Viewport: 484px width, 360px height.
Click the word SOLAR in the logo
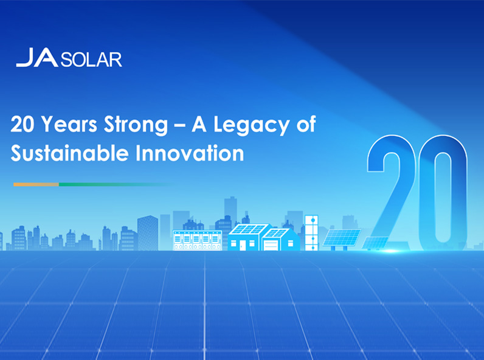click(x=91, y=60)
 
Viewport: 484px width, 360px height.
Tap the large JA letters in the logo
click(x=37, y=57)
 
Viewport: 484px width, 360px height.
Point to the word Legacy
click(x=252, y=125)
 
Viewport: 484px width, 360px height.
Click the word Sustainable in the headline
click(x=69, y=153)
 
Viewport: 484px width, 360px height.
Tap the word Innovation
click(x=190, y=153)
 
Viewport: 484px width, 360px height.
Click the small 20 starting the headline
click(x=22, y=125)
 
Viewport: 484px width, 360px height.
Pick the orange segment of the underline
click(x=36, y=184)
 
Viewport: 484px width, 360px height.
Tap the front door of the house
click(x=243, y=245)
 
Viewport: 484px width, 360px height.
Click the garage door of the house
click(x=271, y=245)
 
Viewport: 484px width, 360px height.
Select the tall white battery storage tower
click(x=311, y=232)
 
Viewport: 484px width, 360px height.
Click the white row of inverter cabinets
click(x=197, y=240)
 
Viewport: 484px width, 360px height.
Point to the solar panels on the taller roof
click(x=249, y=229)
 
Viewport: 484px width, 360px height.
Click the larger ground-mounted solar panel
click(x=342, y=238)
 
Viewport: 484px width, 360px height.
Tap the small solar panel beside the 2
click(x=375, y=243)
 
